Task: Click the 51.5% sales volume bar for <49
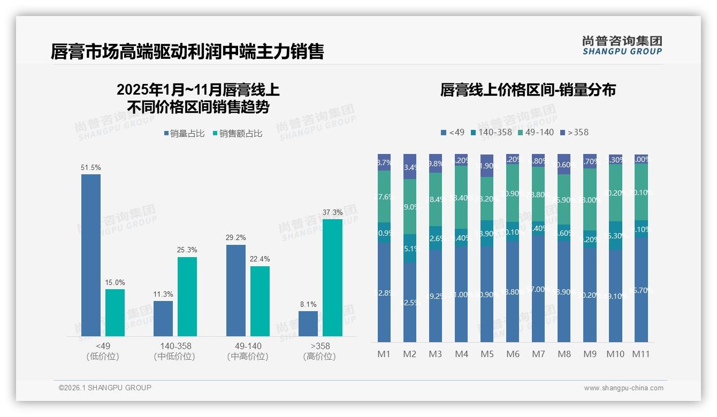point(91,255)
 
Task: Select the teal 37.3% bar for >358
point(332,277)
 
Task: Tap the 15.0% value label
point(115,282)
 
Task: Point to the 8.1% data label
point(308,304)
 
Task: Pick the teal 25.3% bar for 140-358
point(187,297)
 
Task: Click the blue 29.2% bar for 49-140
point(236,290)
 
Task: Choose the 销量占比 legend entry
point(184,134)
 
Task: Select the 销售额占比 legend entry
point(238,134)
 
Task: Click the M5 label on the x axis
point(487,354)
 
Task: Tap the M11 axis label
point(641,354)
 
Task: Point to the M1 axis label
point(384,354)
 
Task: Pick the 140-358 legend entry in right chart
point(491,132)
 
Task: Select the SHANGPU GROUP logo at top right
point(622,45)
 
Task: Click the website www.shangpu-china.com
point(623,388)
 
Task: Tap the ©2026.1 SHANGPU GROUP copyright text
point(105,388)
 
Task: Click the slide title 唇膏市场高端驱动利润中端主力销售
point(187,51)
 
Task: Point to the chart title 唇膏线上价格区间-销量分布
point(528,90)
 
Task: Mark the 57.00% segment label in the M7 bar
point(539,289)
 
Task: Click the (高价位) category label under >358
point(319,357)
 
